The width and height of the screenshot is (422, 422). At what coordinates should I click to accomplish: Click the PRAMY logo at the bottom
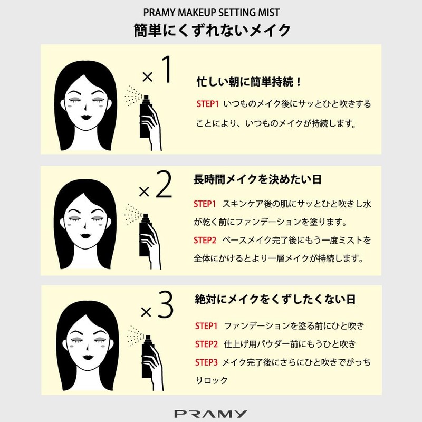coord(210,414)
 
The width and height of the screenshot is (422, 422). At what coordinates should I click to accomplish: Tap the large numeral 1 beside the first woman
coord(166,69)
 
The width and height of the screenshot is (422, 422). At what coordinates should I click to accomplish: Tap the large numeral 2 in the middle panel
coord(164,184)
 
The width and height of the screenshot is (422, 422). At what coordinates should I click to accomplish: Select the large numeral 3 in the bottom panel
coord(166,304)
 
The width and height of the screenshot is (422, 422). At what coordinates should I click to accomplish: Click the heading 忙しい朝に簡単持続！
coord(249,82)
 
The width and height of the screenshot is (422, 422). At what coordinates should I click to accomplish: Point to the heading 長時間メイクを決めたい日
coord(257,179)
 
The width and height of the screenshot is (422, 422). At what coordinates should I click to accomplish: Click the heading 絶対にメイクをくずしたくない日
coord(275,299)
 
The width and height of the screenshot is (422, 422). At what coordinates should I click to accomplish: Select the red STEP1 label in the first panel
coord(207,104)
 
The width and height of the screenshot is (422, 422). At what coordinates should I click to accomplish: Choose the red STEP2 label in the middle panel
coord(205,240)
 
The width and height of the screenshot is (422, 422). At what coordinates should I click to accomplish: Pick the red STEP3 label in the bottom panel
coord(206,362)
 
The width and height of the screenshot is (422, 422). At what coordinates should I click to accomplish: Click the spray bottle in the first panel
coord(146,117)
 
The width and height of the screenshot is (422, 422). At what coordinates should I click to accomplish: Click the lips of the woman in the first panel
coord(86,117)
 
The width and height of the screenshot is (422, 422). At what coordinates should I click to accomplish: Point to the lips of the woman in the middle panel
coord(86,236)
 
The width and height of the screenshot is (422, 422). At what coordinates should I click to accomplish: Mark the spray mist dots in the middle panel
coord(133,214)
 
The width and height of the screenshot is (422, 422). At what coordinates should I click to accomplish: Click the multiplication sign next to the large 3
coord(146,312)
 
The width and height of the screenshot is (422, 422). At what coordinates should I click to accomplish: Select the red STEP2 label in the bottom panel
coord(206,344)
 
